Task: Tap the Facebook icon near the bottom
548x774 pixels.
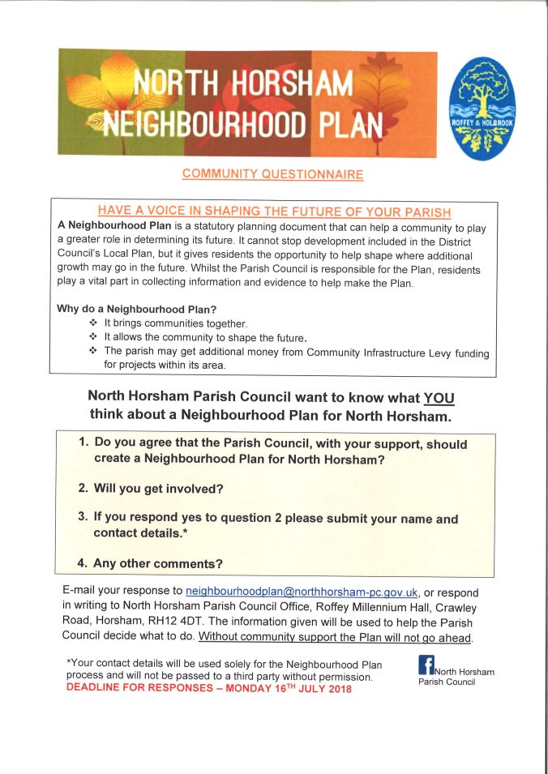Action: pos(426,665)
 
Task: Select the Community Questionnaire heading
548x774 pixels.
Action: pos(272,174)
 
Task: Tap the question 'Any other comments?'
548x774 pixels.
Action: pos(158,563)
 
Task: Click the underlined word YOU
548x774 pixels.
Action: pos(439,399)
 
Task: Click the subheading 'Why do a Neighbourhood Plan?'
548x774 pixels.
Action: pos(137,309)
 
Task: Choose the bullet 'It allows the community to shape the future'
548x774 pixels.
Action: pos(206,336)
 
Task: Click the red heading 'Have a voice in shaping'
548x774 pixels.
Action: pos(274,212)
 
